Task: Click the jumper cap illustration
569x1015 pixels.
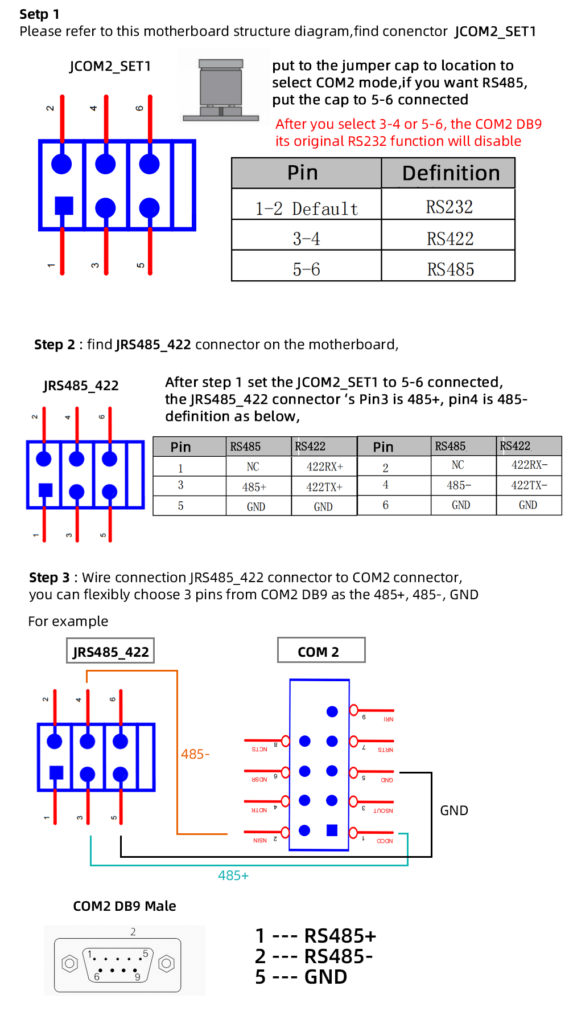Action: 221,90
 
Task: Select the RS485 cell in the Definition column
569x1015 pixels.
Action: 450,269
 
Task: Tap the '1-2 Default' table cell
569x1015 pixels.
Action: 307,208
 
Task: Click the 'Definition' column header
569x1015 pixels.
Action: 450,173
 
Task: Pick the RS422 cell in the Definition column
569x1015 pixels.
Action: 450,238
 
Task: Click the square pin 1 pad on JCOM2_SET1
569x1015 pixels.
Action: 64,206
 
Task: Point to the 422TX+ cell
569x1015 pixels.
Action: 324,487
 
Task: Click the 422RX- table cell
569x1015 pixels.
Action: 529,465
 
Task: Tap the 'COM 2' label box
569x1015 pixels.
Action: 321,651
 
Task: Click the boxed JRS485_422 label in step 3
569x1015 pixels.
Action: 110,652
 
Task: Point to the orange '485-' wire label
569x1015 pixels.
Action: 195,754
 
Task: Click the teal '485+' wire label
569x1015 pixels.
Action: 233,875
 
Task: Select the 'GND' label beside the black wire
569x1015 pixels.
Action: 454,811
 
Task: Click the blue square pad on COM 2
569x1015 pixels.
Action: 332,830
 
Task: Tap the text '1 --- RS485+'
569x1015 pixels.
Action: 316,936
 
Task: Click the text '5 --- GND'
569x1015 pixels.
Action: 301,977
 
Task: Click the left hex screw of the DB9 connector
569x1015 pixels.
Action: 69,964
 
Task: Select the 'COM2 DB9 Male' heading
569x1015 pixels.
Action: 125,906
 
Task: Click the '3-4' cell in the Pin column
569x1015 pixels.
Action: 307,238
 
